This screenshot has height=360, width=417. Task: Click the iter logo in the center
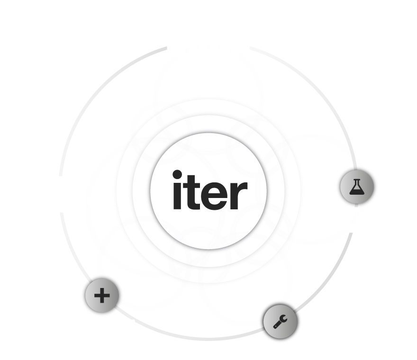pyautogui.click(x=209, y=189)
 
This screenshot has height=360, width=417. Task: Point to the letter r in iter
pyautogui.click(x=240, y=194)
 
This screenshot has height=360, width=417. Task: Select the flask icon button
pyautogui.click(x=357, y=187)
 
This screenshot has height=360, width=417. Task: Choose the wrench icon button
pyautogui.click(x=280, y=321)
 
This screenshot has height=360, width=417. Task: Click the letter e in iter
pyautogui.click(x=215, y=194)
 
